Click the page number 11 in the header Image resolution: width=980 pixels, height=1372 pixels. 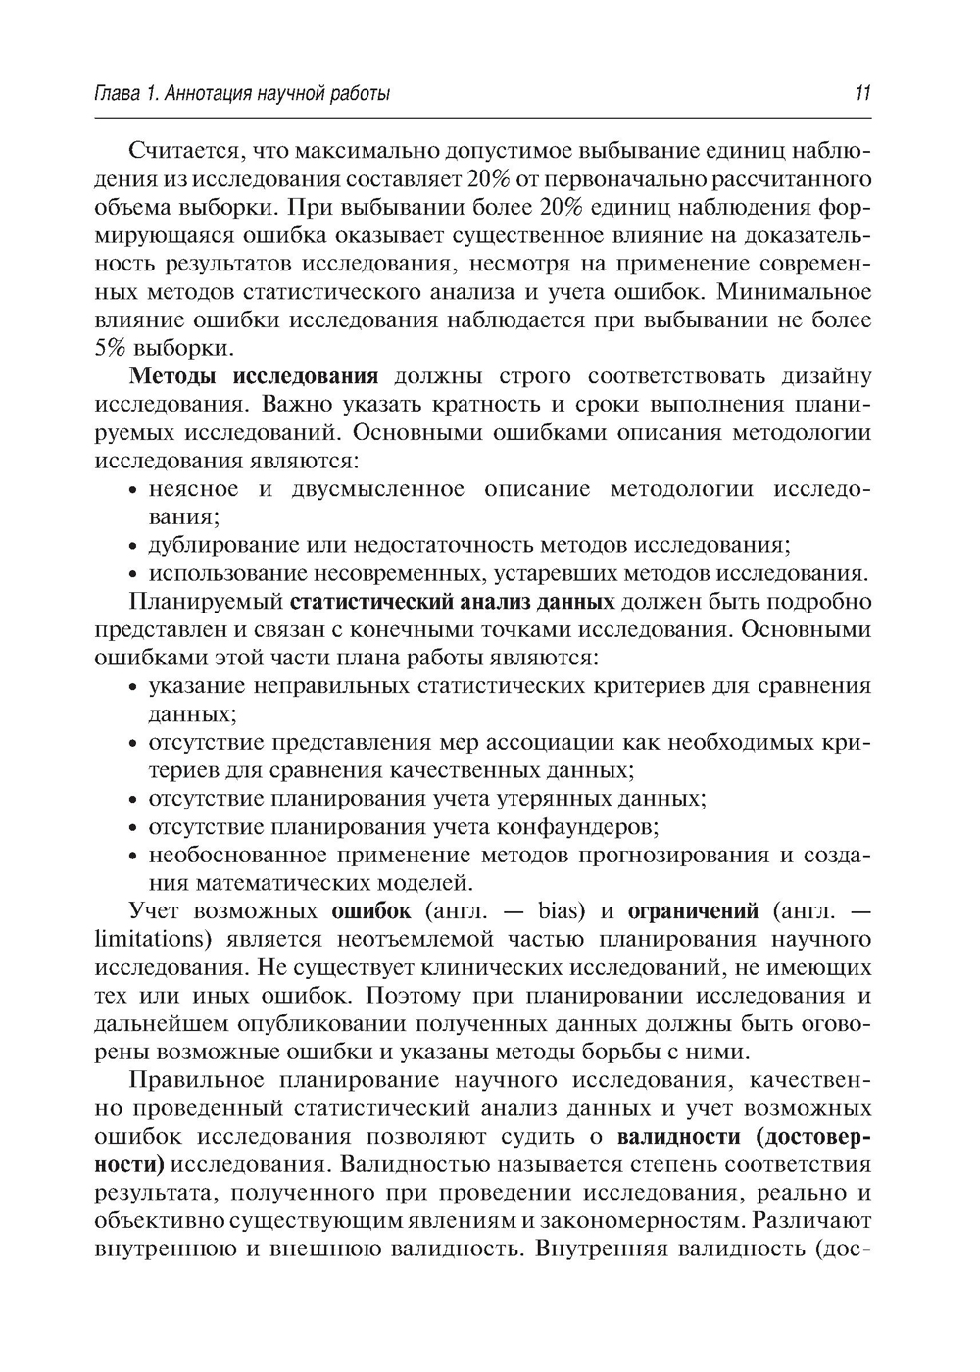coord(862,95)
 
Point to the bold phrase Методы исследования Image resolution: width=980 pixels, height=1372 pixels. coord(254,377)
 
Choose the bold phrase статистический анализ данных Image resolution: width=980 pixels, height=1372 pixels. coord(454,601)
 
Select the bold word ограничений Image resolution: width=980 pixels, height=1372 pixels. coord(693,912)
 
